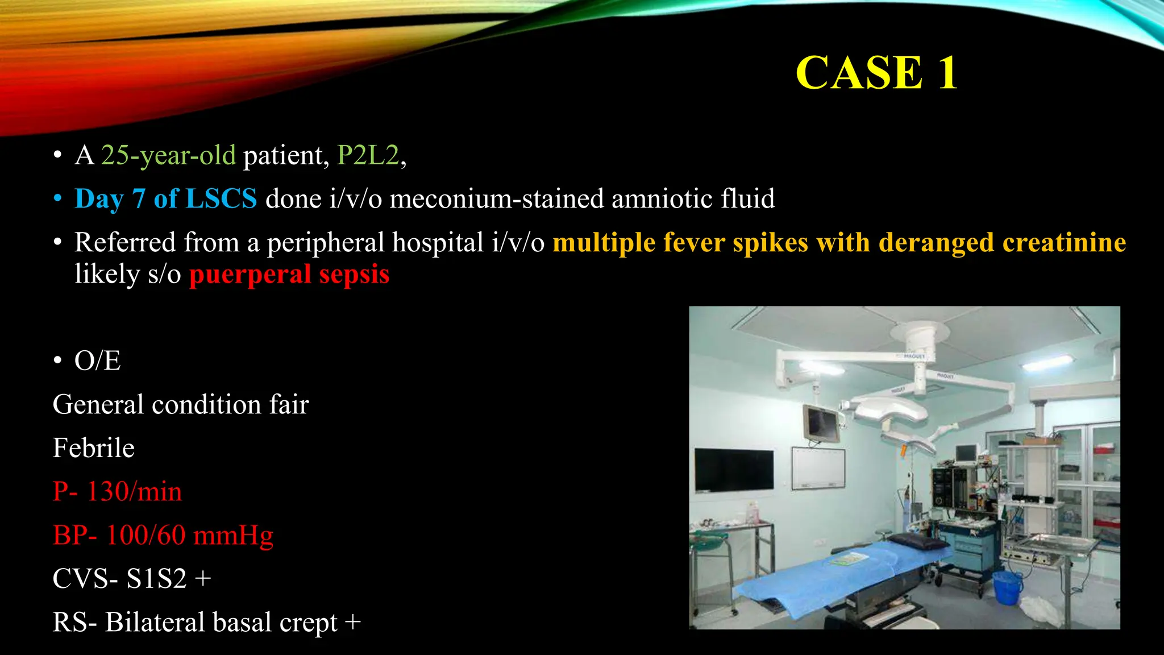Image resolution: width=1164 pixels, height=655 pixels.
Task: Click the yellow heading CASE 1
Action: (876, 73)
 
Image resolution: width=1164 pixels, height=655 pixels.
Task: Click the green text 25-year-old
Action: (168, 155)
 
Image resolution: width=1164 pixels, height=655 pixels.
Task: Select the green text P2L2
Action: (368, 155)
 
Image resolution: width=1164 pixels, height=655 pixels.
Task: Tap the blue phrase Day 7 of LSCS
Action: (165, 199)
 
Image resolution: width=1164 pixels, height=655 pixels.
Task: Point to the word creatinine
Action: (1064, 243)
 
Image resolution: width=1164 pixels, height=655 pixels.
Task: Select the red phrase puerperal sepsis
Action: (289, 275)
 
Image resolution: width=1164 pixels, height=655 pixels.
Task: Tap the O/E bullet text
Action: (97, 361)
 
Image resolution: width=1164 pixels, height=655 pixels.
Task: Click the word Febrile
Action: (94, 448)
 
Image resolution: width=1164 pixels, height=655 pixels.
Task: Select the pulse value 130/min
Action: (134, 492)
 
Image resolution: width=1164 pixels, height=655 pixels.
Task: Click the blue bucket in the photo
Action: (1007, 587)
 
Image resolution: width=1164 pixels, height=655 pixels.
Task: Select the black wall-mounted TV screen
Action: (734, 470)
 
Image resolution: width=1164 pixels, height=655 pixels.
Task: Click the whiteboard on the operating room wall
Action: (818, 468)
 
